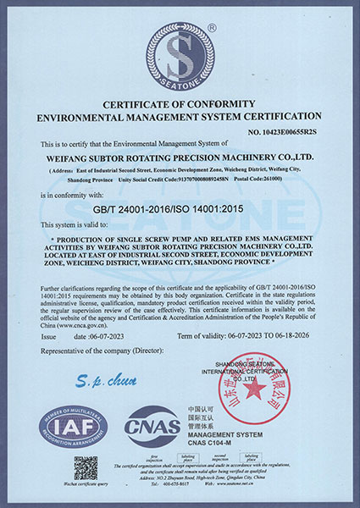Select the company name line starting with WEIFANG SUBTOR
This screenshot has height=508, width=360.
pos(180,156)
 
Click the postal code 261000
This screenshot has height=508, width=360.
pos(286,178)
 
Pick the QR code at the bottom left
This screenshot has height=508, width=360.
pos(86,468)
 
